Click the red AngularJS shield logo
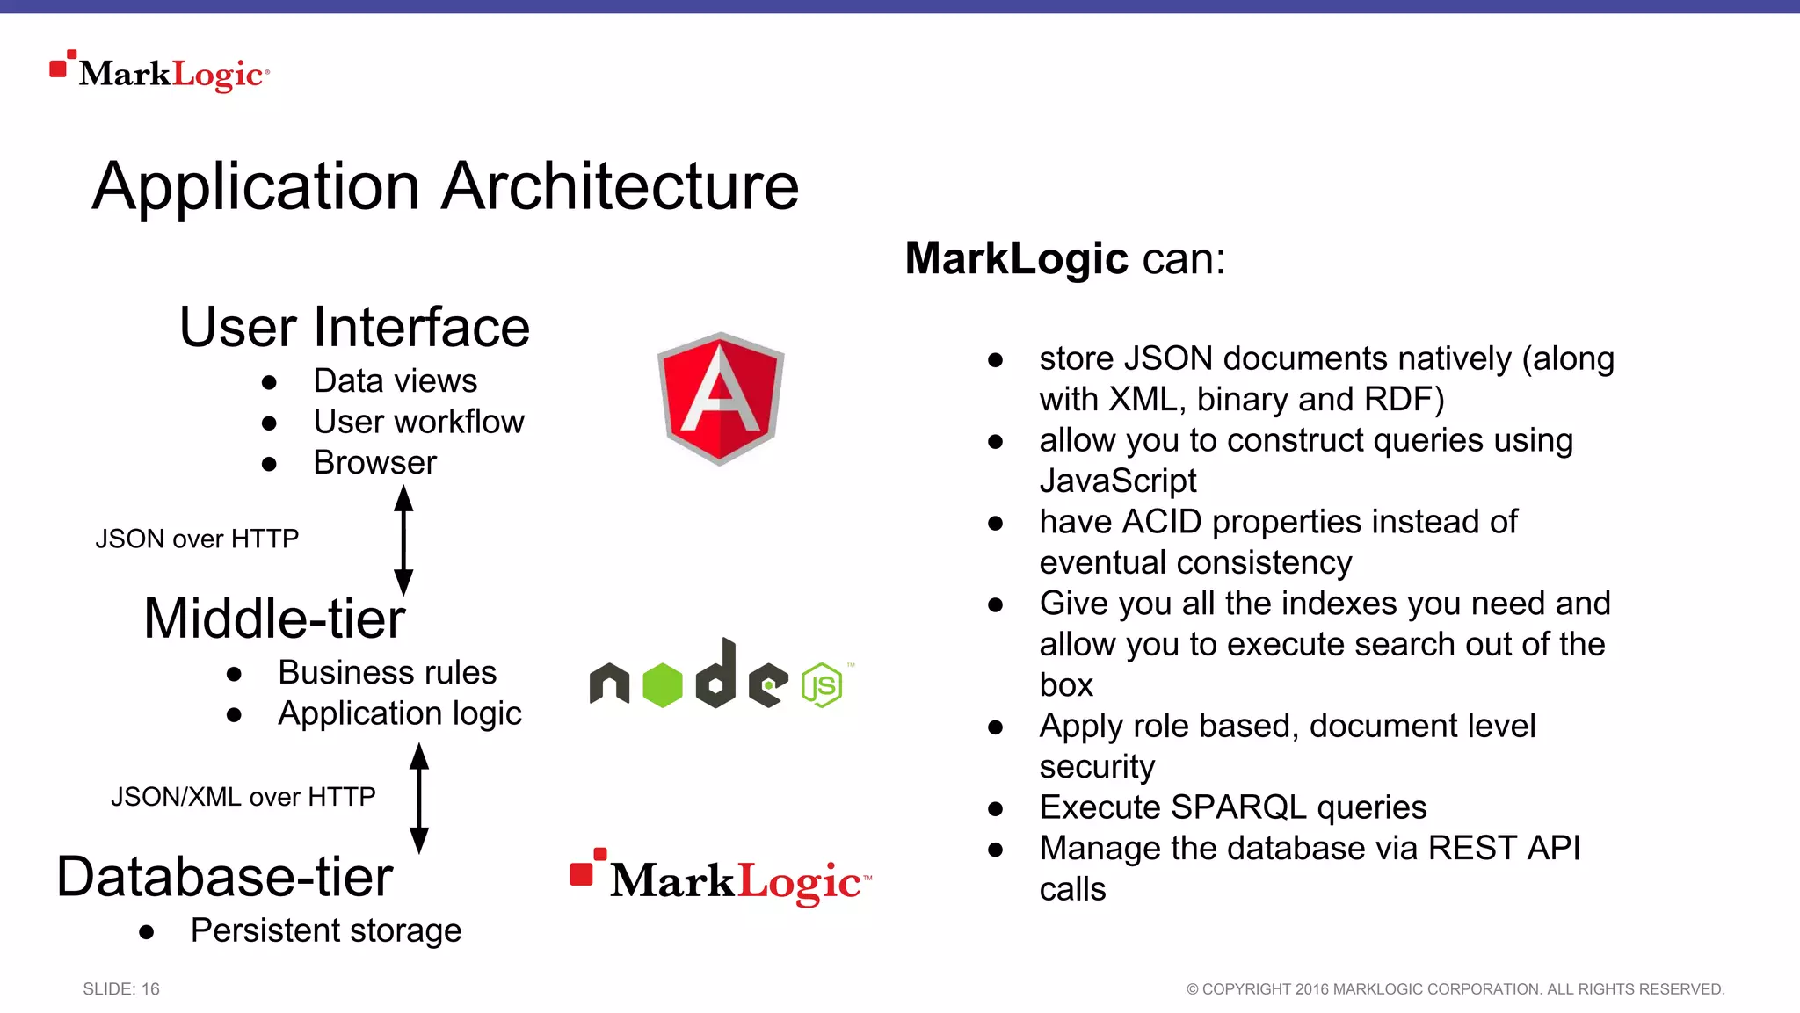[721, 398]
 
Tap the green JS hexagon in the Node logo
[823, 685]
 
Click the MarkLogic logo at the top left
[160, 73]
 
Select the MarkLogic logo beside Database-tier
[721, 879]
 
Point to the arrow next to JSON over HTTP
[403, 540]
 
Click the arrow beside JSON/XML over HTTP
[419, 798]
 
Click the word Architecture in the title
[620, 186]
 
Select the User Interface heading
[354, 327]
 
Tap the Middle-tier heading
[274, 619]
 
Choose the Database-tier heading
[225, 877]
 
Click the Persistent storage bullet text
[325, 930]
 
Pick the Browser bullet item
[374, 463]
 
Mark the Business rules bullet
[387, 673]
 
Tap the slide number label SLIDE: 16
[121, 989]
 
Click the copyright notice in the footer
[1455, 989]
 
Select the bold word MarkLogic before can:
[1016, 258]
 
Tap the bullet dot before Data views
[269, 382]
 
